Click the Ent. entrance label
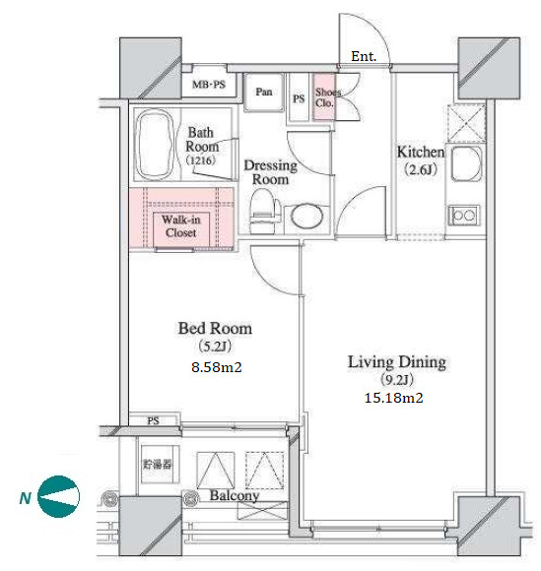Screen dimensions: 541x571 click(x=364, y=56)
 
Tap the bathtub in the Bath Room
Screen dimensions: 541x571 click(x=154, y=144)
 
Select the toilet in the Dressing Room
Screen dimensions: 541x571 click(x=264, y=212)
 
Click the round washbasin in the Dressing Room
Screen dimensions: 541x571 click(x=306, y=217)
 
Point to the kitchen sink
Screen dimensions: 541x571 click(x=466, y=163)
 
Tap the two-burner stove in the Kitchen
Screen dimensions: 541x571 click(x=464, y=216)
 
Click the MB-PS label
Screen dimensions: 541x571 click(x=209, y=85)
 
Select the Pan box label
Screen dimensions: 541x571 click(x=264, y=92)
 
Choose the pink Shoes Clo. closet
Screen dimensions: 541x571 click(x=324, y=97)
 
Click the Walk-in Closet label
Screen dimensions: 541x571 click(x=180, y=226)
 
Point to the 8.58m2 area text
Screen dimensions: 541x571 click(x=217, y=367)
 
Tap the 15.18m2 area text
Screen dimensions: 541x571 click(x=394, y=398)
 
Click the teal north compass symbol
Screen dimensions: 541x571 click(x=59, y=496)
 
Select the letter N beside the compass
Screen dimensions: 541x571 click(x=26, y=498)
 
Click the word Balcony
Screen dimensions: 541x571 click(x=235, y=495)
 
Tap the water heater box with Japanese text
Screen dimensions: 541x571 click(x=157, y=465)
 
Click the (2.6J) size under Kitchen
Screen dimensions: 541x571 click(x=421, y=169)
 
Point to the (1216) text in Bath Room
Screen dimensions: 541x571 click(x=200, y=160)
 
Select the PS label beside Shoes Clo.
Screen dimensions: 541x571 click(x=299, y=98)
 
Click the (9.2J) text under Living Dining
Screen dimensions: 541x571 click(x=397, y=380)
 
